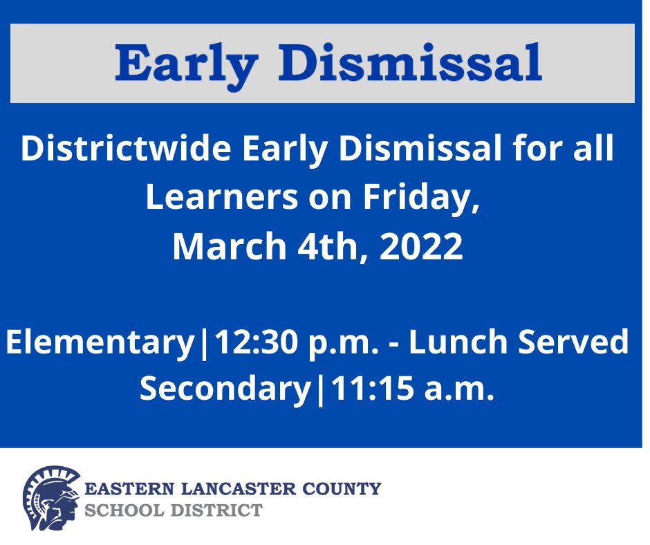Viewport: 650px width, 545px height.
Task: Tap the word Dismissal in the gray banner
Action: (414, 63)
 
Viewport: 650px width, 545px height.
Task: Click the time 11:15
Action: (371, 389)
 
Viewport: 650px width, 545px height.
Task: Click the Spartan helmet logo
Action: (50, 498)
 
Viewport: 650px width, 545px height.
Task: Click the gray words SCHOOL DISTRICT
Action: (173, 511)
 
